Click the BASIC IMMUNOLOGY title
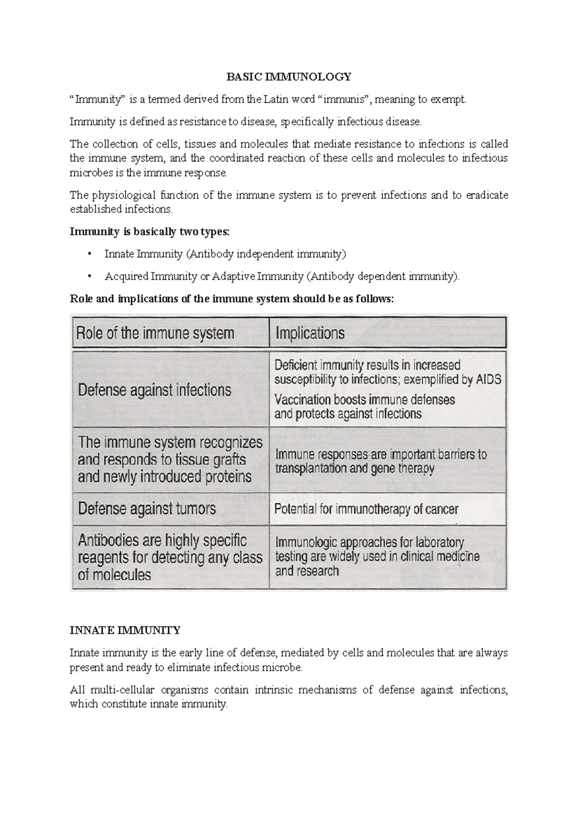pyautogui.click(x=289, y=77)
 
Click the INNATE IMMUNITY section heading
pyautogui.click(x=125, y=630)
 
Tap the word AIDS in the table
pyautogui.click(x=489, y=380)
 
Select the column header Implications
pyautogui.click(x=310, y=333)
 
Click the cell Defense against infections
pyautogui.click(x=155, y=389)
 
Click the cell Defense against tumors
pyautogui.click(x=147, y=509)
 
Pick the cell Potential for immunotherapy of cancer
pyautogui.click(x=366, y=509)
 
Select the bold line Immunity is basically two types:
pyautogui.click(x=150, y=232)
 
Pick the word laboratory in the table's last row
pyautogui.click(x=439, y=543)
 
